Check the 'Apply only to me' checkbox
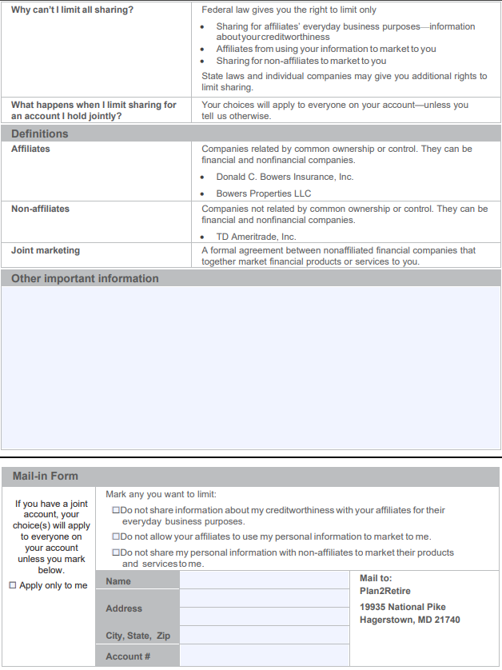pos(13,585)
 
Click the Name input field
pos(264,580)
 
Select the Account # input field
pos(264,656)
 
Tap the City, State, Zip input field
pos(264,636)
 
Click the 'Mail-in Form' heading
pos(46,476)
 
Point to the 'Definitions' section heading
pos(40,134)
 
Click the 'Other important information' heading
pos(85,278)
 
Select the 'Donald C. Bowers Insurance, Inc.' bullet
pos(284,177)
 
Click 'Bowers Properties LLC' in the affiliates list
pos(263,193)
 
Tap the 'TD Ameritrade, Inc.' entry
pos(256,237)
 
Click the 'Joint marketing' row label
pos(46,250)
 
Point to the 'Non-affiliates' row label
pos(40,209)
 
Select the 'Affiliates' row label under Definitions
pos(30,149)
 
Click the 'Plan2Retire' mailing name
pos(385,592)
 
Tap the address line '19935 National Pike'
pos(403,607)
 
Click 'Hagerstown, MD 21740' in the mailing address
pos(409,620)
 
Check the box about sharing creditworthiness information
pos(117,510)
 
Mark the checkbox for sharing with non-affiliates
pos(117,552)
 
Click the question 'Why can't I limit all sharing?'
pos(72,10)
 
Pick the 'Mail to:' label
pos(376,578)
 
